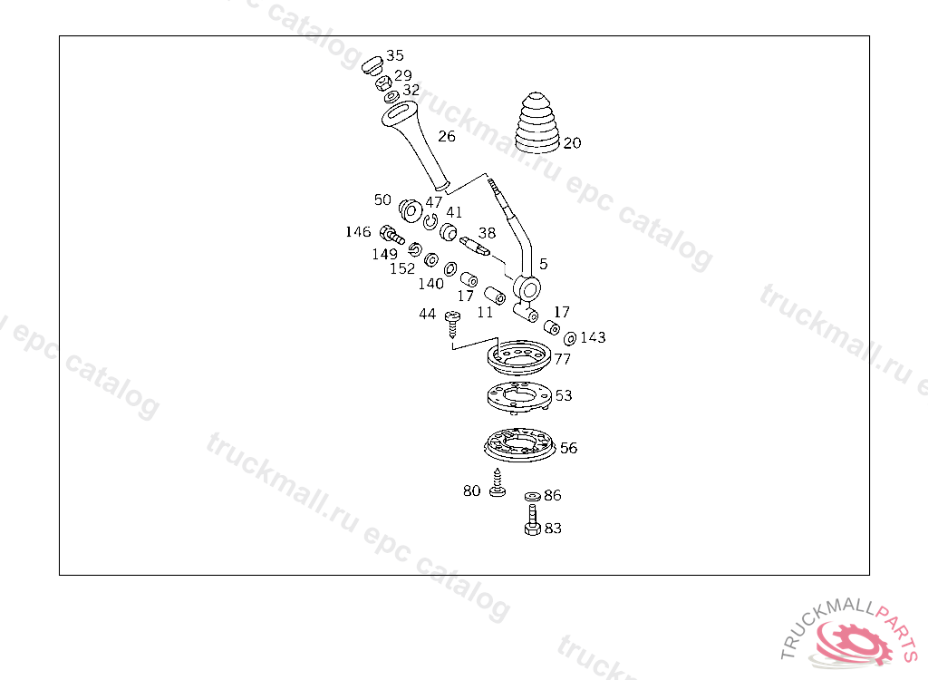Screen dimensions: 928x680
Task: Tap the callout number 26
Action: (447, 137)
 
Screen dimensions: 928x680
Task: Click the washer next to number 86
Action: (532, 496)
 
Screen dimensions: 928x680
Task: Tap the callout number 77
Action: (563, 360)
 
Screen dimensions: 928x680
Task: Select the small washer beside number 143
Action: (569, 338)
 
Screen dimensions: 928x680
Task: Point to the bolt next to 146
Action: (391, 234)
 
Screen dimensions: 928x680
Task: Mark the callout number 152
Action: (402, 269)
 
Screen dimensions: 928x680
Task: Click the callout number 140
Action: (430, 284)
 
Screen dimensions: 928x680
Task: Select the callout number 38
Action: (487, 233)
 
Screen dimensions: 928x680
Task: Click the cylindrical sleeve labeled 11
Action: (495, 296)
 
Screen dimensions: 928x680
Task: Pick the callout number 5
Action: (543, 264)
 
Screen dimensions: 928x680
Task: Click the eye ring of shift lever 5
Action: (527, 288)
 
